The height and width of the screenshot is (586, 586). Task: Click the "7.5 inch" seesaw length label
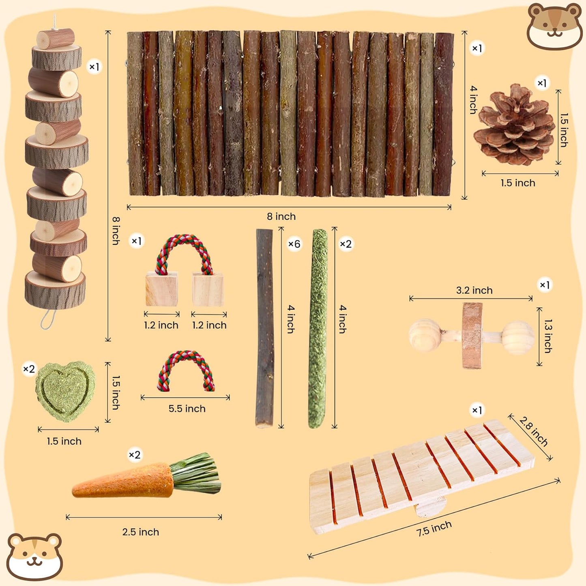click(x=434, y=528)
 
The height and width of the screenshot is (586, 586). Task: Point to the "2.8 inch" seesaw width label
click(x=533, y=431)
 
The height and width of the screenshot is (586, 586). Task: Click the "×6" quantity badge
click(x=294, y=244)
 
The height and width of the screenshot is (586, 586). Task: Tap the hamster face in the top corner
click(x=554, y=26)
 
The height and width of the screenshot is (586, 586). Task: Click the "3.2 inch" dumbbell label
click(x=474, y=290)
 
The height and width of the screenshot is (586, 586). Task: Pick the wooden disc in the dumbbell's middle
click(x=472, y=335)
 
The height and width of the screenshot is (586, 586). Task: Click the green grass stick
click(x=318, y=328)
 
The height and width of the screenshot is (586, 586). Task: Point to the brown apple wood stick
click(x=264, y=328)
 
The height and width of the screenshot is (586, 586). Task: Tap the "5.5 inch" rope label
click(x=187, y=408)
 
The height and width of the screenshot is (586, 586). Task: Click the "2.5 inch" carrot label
click(x=141, y=532)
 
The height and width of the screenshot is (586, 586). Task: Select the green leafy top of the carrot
click(x=197, y=473)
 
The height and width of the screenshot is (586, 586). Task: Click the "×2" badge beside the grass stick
click(x=346, y=244)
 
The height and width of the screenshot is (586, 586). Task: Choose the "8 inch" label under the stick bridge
click(x=281, y=217)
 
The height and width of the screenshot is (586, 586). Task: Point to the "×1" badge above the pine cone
click(x=542, y=83)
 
